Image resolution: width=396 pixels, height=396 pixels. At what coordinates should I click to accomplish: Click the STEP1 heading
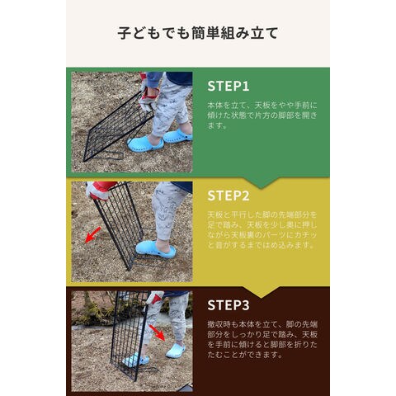[x=229, y=86]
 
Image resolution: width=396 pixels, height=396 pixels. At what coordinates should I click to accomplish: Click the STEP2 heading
[x=229, y=196]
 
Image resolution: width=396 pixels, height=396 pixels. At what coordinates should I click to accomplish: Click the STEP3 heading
[x=229, y=305]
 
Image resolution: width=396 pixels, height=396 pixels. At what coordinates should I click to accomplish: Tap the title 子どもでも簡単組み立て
[x=198, y=33]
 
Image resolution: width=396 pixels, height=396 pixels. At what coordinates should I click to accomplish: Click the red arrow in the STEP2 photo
[x=93, y=235]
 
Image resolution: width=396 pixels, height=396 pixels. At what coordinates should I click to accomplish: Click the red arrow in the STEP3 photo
[x=157, y=332]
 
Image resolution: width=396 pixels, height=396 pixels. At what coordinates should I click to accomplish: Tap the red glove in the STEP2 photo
[x=100, y=190]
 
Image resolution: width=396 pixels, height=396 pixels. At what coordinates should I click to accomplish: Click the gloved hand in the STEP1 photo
[x=149, y=97]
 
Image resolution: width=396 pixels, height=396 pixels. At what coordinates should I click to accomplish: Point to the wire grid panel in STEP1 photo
[x=117, y=126]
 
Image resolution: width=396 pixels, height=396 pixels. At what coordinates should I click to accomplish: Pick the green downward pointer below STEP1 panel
[x=261, y=182]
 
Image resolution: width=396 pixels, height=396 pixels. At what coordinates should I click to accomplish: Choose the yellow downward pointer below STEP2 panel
[x=261, y=292]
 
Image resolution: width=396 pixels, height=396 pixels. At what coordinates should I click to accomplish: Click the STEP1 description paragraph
[x=262, y=115]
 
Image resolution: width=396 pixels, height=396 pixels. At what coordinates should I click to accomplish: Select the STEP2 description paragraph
[x=262, y=229]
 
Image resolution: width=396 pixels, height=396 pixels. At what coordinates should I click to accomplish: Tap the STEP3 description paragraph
[x=262, y=339]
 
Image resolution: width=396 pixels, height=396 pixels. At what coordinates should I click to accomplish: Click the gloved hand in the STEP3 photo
[x=155, y=298]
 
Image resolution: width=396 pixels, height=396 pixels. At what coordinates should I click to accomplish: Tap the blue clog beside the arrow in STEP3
[x=176, y=351]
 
